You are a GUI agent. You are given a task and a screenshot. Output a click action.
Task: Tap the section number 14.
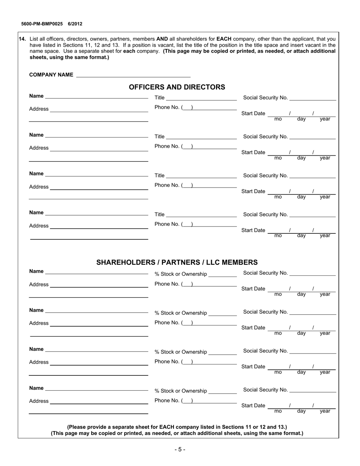[x=22, y=39]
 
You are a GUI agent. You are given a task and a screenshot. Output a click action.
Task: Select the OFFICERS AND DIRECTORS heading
[x=177, y=87]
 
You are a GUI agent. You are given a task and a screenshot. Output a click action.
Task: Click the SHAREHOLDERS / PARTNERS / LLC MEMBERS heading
[x=177, y=262]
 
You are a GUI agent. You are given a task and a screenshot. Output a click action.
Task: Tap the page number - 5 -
[x=180, y=450]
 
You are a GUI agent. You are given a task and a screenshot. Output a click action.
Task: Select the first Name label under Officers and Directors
[x=36, y=96]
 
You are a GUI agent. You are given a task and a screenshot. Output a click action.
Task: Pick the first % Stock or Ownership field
[x=222, y=274]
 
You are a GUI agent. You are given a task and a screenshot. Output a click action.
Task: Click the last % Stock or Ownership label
[x=181, y=391]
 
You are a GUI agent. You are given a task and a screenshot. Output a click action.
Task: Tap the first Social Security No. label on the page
[x=265, y=98]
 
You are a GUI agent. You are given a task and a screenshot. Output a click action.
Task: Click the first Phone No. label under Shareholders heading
[x=167, y=284]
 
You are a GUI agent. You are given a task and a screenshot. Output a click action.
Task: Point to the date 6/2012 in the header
[x=75, y=24]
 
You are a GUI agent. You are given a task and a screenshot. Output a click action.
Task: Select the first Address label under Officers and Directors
[x=39, y=109]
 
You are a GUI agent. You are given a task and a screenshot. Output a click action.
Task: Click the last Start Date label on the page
[x=253, y=406]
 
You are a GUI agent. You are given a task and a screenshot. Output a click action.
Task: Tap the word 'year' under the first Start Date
[x=325, y=119]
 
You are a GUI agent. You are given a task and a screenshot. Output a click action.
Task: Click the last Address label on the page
[x=39, y=401]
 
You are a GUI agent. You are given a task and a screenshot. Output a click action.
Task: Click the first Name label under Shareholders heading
[x=36, y=271]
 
